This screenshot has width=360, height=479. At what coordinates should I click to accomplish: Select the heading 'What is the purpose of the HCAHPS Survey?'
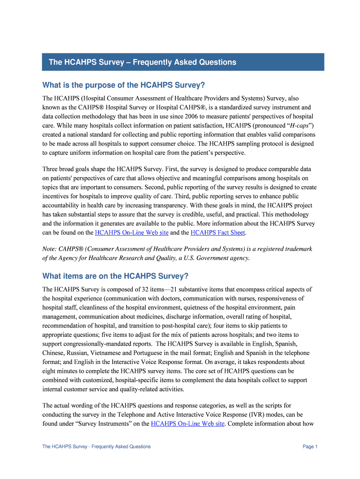coord(123,85)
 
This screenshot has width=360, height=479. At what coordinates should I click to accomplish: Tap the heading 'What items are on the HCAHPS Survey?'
coord(115,276)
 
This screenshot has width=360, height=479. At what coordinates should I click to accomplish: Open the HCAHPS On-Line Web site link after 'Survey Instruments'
coord(187,424)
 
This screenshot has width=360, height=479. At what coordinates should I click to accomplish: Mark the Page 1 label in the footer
coord(310,447)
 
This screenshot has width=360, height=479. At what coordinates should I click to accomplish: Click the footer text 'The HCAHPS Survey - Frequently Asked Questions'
coord(96,447)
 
